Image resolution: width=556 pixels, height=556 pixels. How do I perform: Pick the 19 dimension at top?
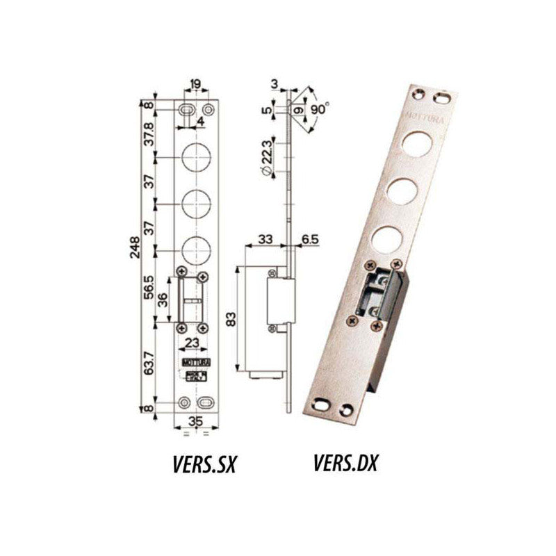pyautogui.click(x=195, y=85)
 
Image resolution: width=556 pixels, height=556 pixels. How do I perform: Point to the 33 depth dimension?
pyautogui.click(x=265, y=238)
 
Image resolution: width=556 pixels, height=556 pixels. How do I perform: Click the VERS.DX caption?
pyautogui.click(x=345, y=463)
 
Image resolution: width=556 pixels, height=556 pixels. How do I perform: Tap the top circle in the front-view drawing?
pyautogui.click(x=195, y=158)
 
